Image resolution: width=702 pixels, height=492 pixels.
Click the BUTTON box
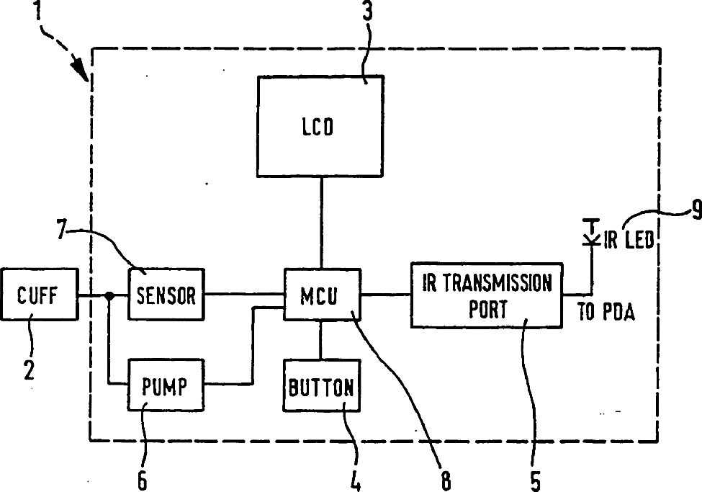(321, 388)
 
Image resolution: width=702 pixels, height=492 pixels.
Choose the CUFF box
(40, 294)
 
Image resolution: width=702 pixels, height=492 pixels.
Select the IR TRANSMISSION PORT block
(486, 294)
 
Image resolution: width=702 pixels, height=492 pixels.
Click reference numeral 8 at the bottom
(446, 479)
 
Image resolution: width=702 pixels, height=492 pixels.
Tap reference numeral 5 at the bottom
(535, 479)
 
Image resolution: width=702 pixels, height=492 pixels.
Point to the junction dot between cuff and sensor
(109, 295)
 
